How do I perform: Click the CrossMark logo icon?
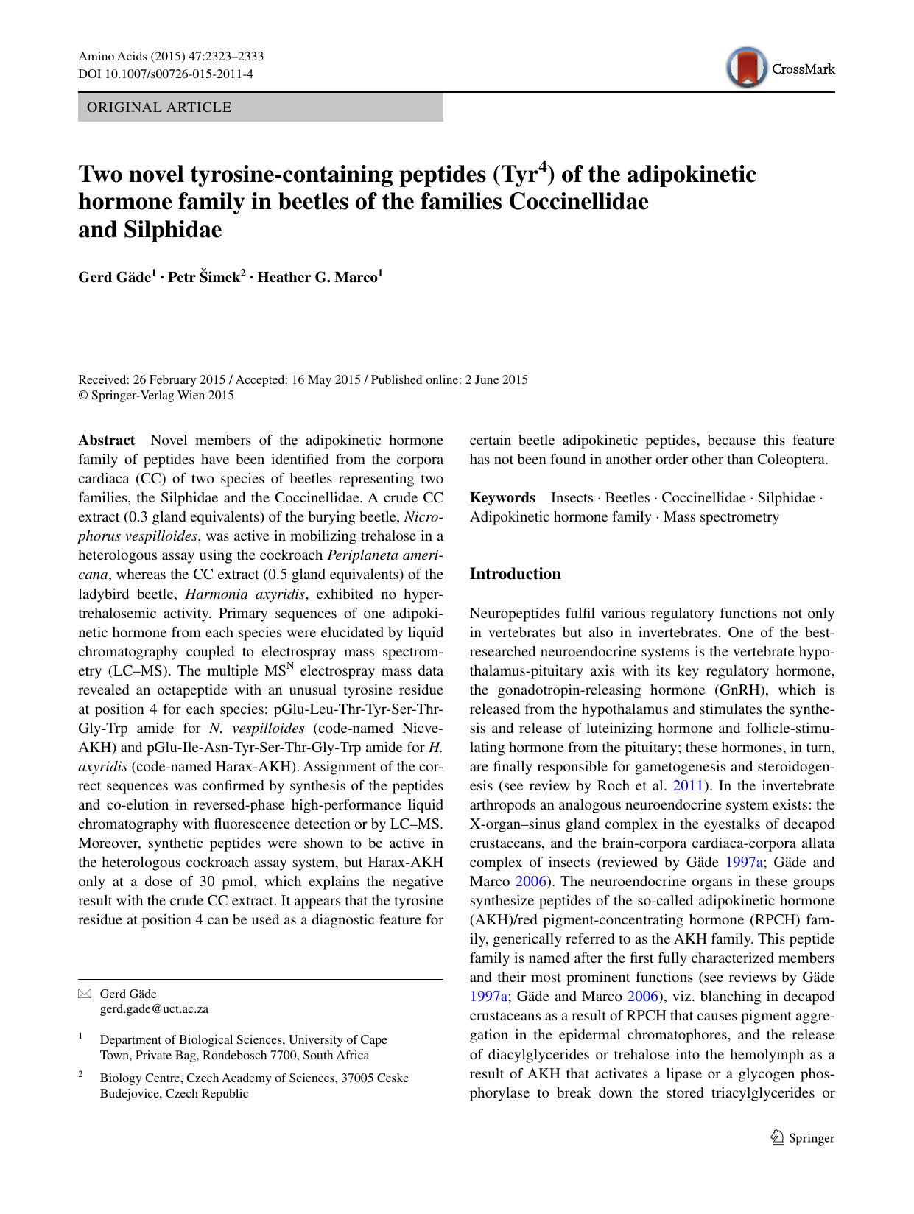click(746, 68)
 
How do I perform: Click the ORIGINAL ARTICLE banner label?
click(159, 108)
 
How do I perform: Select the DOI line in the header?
click(166, 74)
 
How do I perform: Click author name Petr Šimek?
click(204, 278)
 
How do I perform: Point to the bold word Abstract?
click(107, 441)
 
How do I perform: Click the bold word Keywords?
click(502, 498)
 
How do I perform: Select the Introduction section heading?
click(515, 574)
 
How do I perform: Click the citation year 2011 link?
click(688, 786)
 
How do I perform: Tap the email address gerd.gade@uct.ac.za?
click(154, 1009)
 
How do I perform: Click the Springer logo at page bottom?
click(803, 1138)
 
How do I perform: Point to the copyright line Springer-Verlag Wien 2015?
click(156, 396)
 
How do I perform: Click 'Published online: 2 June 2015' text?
click(449, 380)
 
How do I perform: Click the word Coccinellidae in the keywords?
click(703, 498)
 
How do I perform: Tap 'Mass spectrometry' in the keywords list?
click(721, 517)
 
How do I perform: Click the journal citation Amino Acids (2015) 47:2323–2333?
click(171, 57)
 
